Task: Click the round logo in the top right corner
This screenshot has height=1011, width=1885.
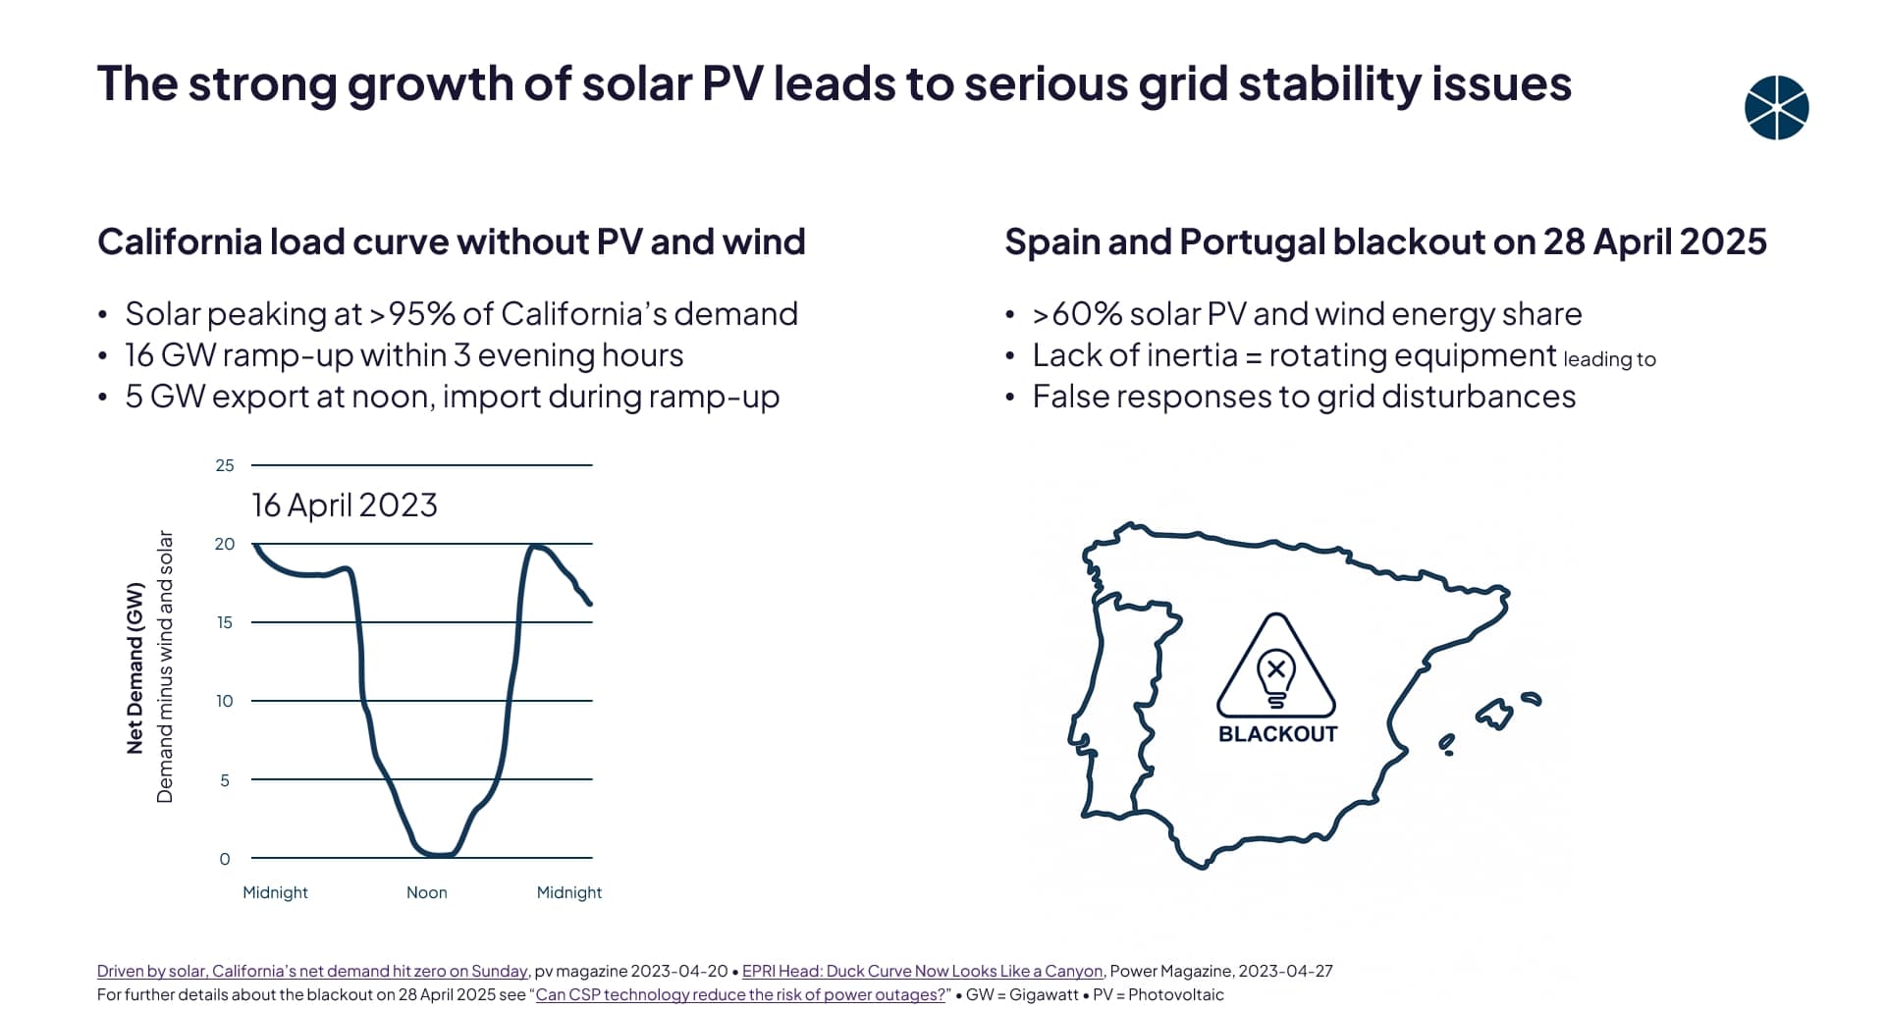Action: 1776,108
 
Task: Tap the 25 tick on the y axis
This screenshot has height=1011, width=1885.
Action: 225,465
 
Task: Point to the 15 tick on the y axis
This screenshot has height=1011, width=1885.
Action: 225,622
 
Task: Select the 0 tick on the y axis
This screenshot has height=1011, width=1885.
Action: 225,859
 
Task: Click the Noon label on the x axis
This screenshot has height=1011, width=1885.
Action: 426,892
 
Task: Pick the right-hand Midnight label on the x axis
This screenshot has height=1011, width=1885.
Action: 568,892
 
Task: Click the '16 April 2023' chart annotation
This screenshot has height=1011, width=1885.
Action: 344,505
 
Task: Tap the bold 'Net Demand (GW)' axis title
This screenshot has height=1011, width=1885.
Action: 135,667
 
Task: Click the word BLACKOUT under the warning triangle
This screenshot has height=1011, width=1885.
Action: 1277,734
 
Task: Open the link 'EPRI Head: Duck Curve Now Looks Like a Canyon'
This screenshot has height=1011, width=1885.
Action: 922,971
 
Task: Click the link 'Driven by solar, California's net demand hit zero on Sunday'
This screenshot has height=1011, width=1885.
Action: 312,971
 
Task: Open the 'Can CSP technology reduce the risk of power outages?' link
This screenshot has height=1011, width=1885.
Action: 740,994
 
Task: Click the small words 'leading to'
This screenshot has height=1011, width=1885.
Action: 1609,359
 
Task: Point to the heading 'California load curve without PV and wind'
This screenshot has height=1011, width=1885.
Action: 451,241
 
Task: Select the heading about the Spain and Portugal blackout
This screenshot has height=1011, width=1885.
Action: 1385,241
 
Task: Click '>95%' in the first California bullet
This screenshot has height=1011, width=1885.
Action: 411,314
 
